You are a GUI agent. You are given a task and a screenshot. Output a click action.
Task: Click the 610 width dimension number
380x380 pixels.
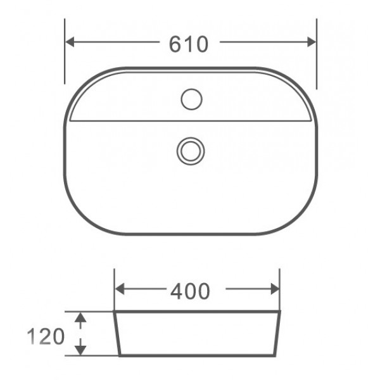pos(189,43)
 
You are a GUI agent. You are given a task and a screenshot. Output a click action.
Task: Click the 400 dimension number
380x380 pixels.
pos(190,291)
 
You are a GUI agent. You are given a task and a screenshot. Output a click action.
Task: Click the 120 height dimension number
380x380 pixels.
pos(46,336)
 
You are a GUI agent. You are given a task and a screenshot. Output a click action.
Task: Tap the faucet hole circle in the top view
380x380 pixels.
pos(191,99)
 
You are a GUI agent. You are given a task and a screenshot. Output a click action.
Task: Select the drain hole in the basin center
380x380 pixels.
pos(191,150)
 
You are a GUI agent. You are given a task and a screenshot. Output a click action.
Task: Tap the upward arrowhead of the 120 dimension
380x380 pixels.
pos(80,317)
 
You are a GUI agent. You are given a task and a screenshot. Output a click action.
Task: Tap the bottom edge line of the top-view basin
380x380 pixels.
pos(190,234)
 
